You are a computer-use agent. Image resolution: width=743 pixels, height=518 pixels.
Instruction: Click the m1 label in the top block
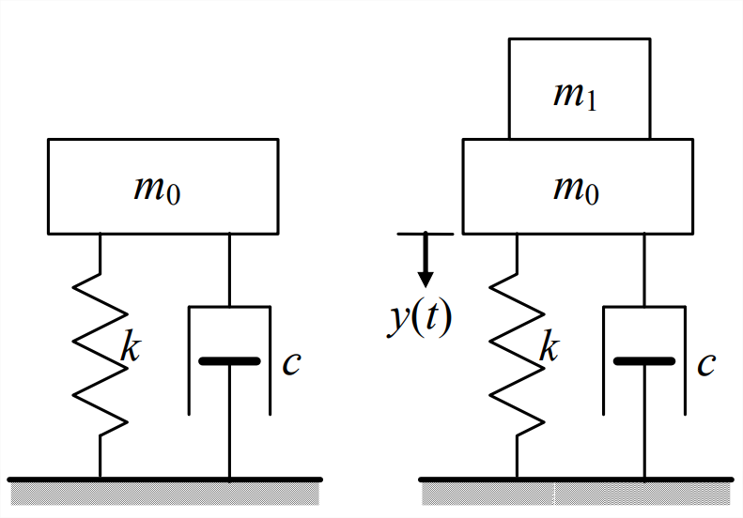[x=577, y=96]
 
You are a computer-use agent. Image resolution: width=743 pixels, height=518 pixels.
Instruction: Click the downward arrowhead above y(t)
[x=426, y=278]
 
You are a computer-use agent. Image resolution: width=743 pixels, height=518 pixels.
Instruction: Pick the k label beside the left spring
[x=131, y=349]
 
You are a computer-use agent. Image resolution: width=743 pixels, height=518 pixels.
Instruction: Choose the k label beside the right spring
[x=548, y=349]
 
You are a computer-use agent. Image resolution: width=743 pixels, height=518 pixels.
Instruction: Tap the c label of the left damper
[x=291, y=362]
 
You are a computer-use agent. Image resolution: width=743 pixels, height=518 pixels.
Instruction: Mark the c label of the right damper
[x=706, y=362]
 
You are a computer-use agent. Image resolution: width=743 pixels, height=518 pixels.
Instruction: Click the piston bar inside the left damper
[x=229, y=360]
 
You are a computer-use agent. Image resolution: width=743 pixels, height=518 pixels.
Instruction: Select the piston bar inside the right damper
[x=644, y=360]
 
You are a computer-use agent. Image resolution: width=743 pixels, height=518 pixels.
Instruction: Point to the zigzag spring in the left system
[x=100, y=357]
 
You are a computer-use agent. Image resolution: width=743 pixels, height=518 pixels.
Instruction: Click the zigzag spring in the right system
[x=516, y=357]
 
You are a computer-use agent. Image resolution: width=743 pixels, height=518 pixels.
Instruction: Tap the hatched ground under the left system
[x=163, y=492]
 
